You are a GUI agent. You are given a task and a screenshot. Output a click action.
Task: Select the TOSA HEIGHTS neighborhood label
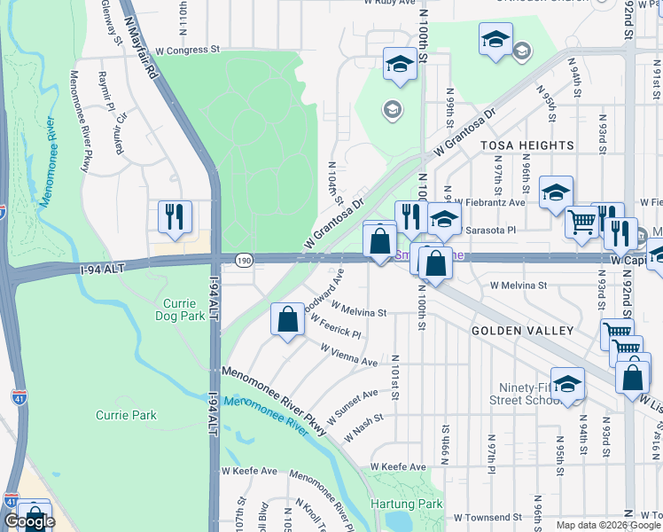(x=515, y=145)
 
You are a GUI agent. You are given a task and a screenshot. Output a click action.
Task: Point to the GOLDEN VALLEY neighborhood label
(x=510, y=330)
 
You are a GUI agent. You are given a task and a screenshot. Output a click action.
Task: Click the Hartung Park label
(x=417, y=504)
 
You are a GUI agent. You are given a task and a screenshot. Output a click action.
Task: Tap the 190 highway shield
(x=245, y=259)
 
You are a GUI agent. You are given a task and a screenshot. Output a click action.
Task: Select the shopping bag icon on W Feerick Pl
(x=287, y=318)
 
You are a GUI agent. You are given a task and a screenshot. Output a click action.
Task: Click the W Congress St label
(x=186, y=51)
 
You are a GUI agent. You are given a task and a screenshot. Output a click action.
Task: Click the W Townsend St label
(x=487, y=516)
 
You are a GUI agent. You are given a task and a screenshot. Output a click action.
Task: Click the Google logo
(x=29, y=521)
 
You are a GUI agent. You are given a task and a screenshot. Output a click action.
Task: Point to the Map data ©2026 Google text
(x=609, y=525)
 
